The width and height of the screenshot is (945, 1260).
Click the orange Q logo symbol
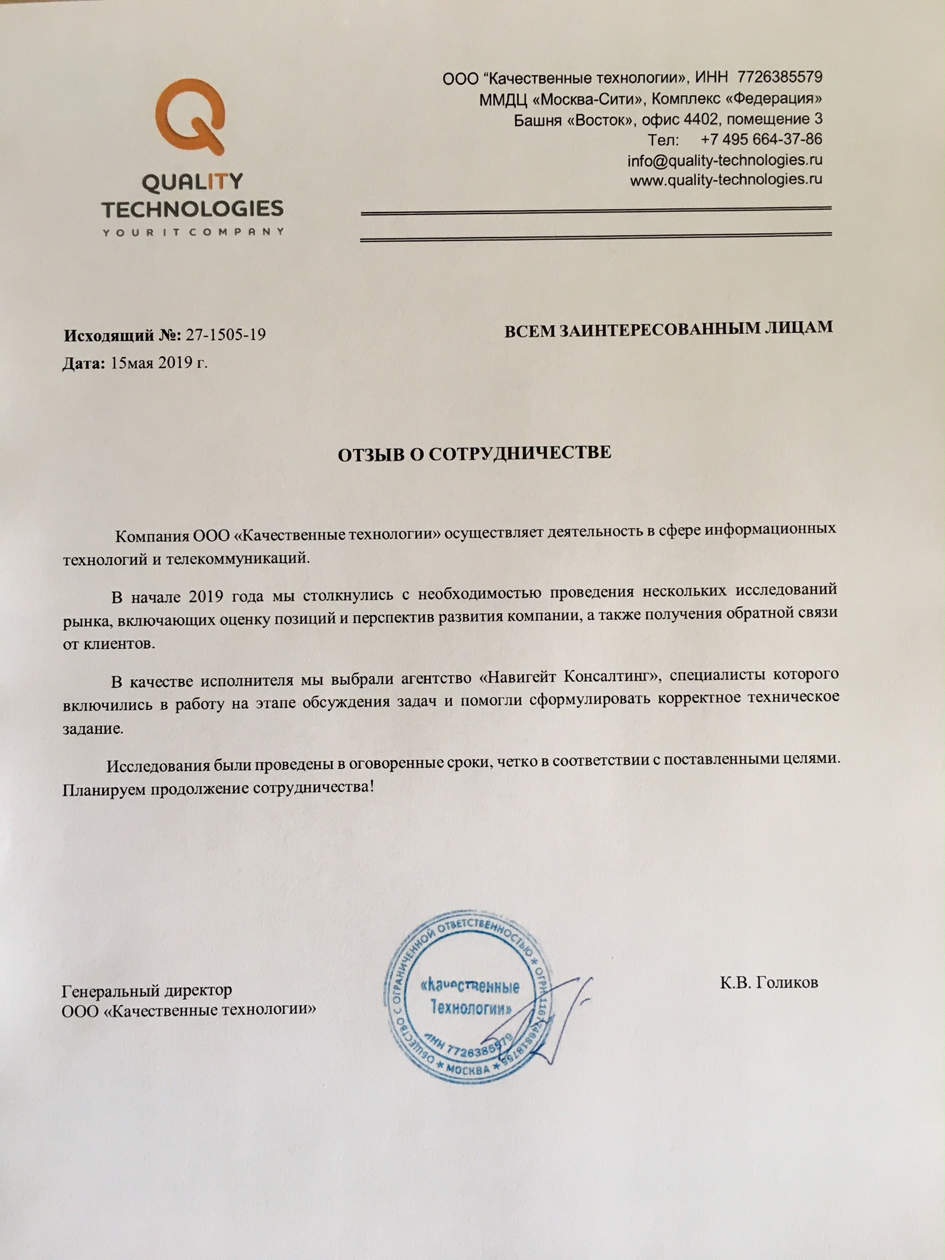tap(190, 116)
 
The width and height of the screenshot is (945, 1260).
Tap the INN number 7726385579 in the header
tap(779, 77)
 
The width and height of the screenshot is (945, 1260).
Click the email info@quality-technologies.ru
tap(724, 160)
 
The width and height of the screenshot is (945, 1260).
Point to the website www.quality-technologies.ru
tap(726, 180)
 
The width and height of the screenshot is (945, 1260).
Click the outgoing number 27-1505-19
tap(226, 335)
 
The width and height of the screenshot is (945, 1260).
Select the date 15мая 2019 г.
tap(159, 363)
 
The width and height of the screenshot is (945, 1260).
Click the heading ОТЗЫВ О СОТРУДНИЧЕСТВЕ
tap(474, 454)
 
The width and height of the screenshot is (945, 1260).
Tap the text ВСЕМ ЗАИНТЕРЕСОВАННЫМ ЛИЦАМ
tap(668, 328)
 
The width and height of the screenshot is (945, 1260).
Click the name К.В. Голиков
tap(769, 983)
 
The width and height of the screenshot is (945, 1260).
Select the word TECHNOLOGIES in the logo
tap(192, 208)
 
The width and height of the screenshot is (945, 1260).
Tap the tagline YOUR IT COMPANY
tap(192, 232)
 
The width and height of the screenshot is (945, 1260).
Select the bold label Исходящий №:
tap(122, 336)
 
